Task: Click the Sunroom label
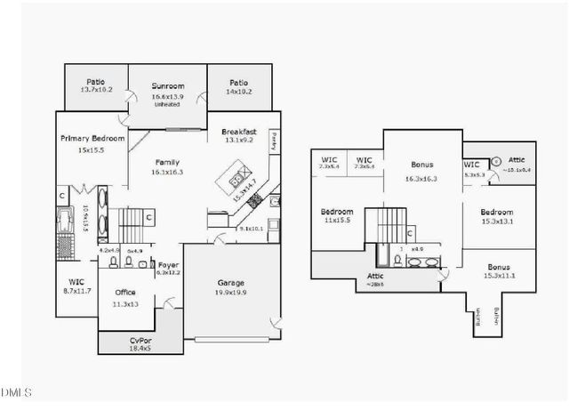click(x=167, y=86)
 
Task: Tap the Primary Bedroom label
click(x=92, y=139)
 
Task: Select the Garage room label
click(x=231, y=283)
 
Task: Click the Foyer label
click(x=169, y=265)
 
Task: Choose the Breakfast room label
click(x=239, y=132)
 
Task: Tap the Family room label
click(x=167, y=162)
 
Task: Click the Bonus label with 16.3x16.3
click(x=422, y=165)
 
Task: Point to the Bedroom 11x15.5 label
click(x=338, y=212)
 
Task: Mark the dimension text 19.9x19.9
click(x=231, y=292)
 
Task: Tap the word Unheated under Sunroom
click(x=167, y=104)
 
